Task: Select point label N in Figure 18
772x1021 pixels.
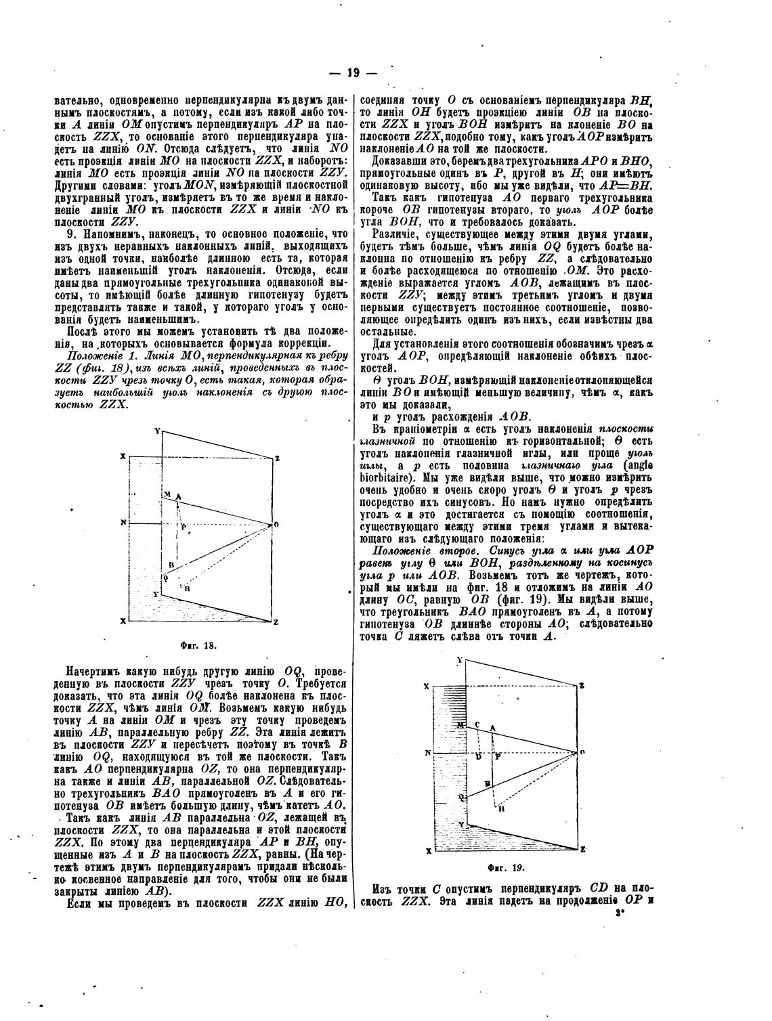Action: (123, 522)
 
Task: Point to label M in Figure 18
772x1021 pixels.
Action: (165, 496)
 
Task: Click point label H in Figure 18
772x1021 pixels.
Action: (186, 589)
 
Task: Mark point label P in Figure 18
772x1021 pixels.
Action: (181, 526)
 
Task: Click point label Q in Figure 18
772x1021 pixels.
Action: (165, 578)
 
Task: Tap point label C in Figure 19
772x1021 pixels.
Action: (477, 724)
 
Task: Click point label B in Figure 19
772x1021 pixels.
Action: (487, 783)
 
